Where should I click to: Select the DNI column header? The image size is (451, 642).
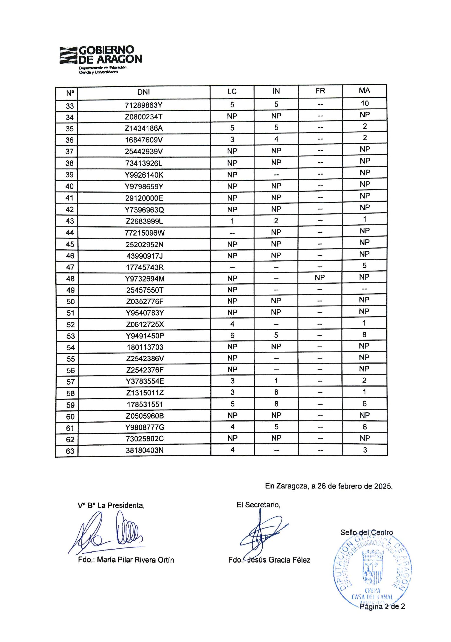pos(143,92)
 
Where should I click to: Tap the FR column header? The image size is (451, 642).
pos(320,91)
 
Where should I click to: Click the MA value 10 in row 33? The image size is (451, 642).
pos(364,104)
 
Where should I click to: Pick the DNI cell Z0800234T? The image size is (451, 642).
pos(143,117)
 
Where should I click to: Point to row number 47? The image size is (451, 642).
pos(70,267)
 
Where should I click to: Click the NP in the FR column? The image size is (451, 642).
pos(320,278)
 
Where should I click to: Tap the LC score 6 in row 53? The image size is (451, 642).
pos(232,335)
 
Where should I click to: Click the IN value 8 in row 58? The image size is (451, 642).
pos(276,392)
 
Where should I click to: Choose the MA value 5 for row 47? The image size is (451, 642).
pos(364,265)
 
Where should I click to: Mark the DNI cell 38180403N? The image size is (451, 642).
pos(145,450)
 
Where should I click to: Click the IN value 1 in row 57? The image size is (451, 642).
pos(276,380)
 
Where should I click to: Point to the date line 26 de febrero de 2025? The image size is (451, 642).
pos(328,486)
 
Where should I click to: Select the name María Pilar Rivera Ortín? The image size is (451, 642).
pos(135,560)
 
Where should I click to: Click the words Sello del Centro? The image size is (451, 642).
pos(366,532)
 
